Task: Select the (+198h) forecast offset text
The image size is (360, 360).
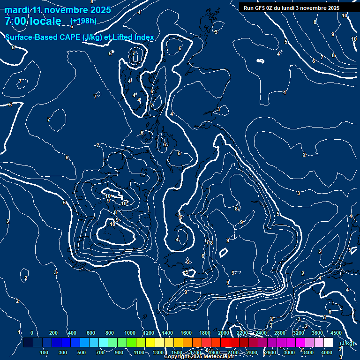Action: click(x=83, y=21)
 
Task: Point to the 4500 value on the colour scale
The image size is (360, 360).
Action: click(x=336, y=333)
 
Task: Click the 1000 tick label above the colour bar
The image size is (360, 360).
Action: click(x=130, y=333)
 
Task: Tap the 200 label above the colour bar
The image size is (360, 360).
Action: click(x=53, y=333)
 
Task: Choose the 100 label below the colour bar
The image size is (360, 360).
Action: click(x=44, y=352)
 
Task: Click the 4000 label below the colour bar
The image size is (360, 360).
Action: click(x=327, y=352)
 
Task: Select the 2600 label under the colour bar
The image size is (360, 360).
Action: click(x=270, y=352)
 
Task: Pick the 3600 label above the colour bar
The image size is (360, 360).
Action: click(x=317, y=333)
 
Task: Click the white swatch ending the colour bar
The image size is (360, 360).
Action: click(x=328, y=343)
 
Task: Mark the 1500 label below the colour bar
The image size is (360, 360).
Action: click(x=177, y=352)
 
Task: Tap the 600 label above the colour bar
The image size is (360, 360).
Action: click(x=91, y=333)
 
